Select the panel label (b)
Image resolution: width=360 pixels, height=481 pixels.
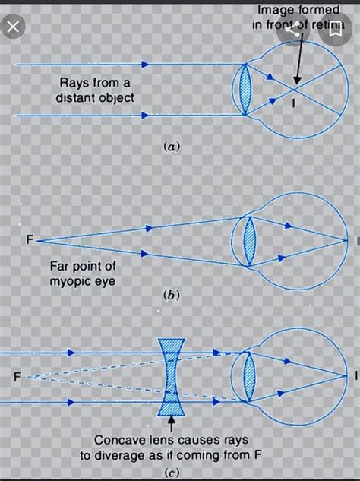171,296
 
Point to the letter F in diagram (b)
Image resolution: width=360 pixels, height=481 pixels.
30,240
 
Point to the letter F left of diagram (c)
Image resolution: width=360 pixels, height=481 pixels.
16,376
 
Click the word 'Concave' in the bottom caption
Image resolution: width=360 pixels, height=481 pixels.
120,440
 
